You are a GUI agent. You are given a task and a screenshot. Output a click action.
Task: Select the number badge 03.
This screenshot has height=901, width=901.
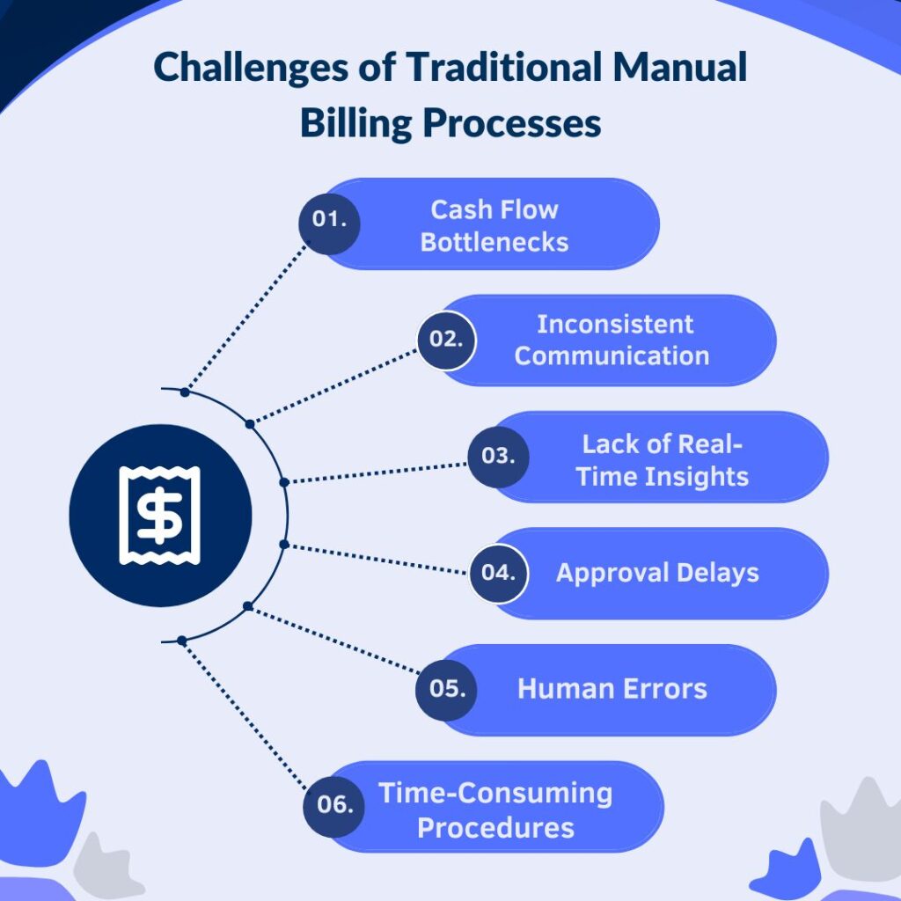497,457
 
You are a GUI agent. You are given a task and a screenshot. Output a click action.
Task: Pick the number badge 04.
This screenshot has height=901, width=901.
497,573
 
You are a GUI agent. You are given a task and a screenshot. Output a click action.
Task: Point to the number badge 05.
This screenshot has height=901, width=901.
446,689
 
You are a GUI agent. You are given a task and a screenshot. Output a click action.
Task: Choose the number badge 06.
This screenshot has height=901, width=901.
334,806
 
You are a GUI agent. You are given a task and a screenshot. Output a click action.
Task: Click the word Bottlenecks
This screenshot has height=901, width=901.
494,242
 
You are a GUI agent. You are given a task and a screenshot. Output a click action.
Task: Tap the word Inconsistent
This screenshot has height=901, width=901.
615,324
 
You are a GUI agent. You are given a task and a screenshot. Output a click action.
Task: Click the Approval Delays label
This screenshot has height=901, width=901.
657,573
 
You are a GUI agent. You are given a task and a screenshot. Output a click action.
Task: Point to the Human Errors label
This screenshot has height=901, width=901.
612,689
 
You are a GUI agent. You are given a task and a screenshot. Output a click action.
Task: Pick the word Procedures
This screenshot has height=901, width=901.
495,827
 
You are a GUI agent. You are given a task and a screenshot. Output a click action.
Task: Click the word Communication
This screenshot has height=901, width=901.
612,355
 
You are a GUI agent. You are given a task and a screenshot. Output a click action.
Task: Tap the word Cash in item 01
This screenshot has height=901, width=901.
459,209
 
